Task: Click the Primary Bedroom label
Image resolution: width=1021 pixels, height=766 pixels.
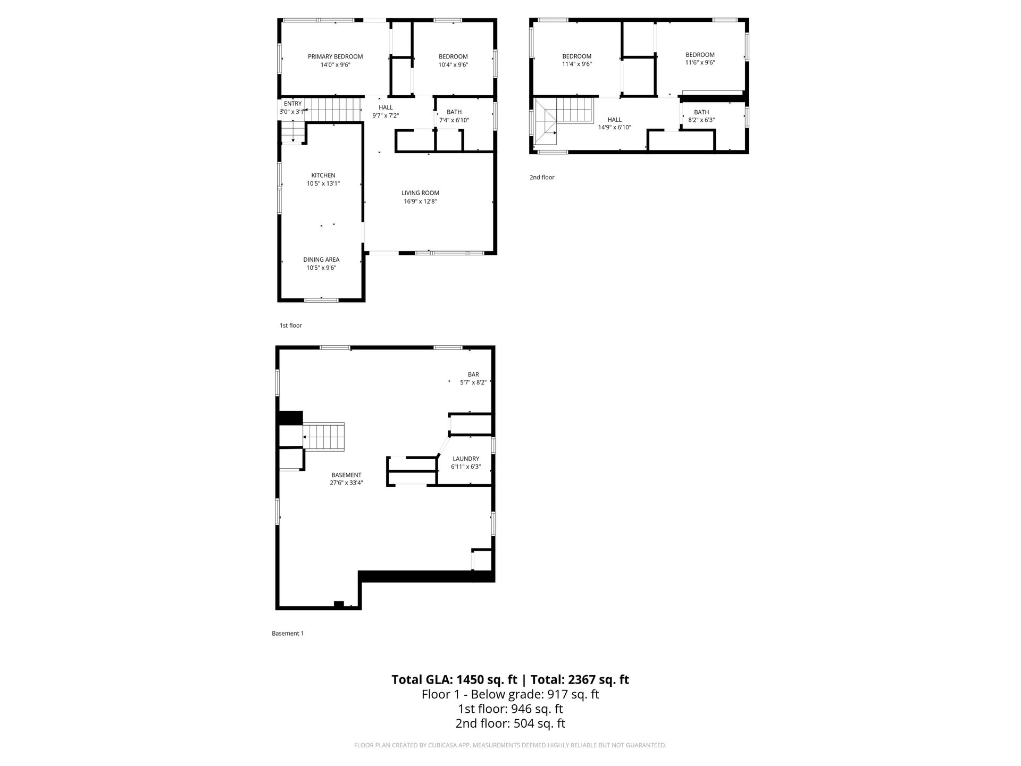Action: click(x=335, y=56)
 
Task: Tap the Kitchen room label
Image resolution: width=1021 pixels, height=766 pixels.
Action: click(x=323, y=175)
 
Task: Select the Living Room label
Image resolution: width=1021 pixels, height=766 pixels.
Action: click(x=420, y=193)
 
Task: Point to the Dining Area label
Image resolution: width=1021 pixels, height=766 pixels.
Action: click(x=321, y=260)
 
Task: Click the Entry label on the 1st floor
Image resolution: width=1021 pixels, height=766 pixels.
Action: click(x=293, y=103)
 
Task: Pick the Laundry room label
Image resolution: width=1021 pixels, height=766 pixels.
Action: click(x=466, y=459)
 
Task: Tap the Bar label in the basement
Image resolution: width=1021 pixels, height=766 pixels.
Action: click(x=473, y=374)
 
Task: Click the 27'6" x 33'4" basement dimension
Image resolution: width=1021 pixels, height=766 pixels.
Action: click(x=346, y=483)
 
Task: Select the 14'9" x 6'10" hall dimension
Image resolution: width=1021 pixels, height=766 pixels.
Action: click(x=614, y=128)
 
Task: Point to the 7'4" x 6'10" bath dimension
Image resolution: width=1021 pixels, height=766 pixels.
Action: click(x=454, y=120)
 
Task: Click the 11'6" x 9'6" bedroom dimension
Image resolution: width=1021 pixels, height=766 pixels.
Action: click(x=700, y=62)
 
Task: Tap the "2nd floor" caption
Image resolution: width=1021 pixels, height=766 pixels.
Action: click(x=542, y=177)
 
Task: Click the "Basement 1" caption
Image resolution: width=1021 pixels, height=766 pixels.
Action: click(x=288, y=633)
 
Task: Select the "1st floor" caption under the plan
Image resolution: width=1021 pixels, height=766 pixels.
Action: click(x=291, y=325)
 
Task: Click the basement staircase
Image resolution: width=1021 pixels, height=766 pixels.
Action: click(x=323, y=437)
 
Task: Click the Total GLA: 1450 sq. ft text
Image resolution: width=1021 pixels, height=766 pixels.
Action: click(x=455, y=679)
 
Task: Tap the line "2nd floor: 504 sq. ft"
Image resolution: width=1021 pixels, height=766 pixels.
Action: click(x=510, y=723)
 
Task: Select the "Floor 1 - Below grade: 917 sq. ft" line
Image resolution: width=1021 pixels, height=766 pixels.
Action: click(x=510, y=694)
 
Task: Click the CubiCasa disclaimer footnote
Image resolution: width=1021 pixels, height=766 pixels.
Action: click(x=510, y=745)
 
